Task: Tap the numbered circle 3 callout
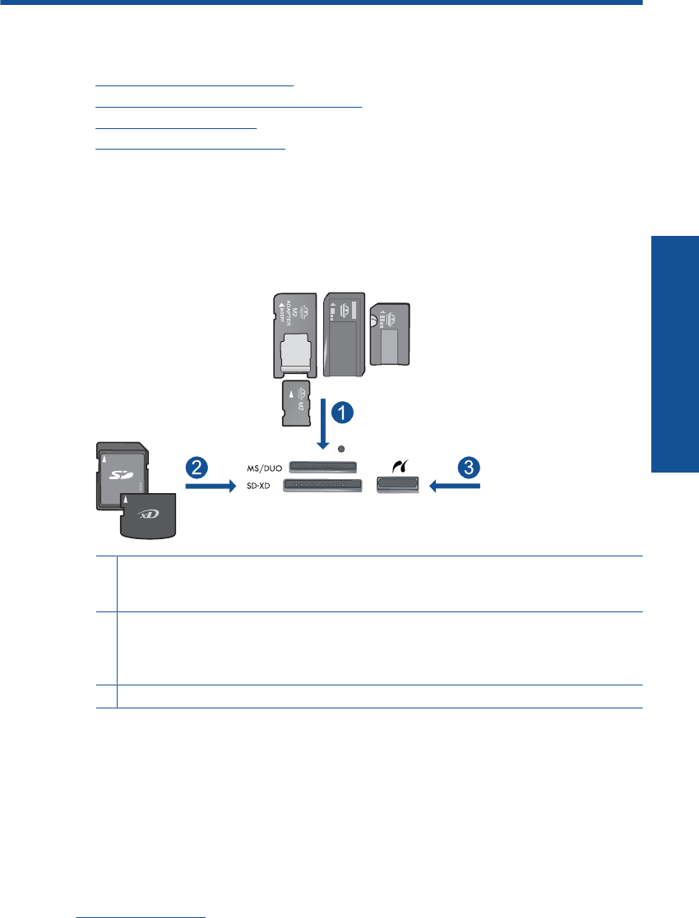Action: pos(467,468)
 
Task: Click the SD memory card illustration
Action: pos(119,473)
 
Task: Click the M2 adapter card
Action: pos(294,336)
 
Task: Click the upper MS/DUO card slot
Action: pos(323,468)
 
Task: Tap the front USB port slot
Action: pos(397,487)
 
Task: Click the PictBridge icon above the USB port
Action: pos(397,465)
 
